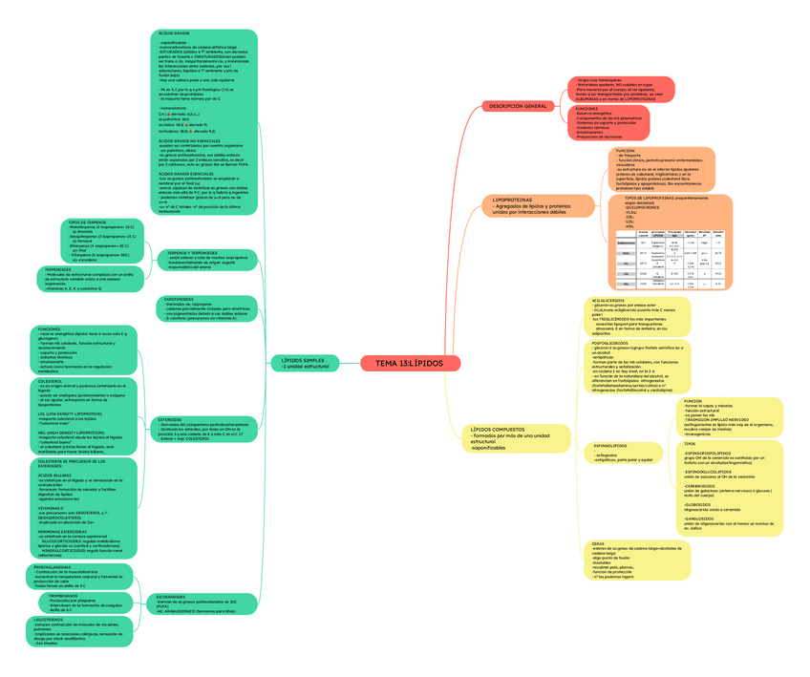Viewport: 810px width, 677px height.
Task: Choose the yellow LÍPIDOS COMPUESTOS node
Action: coord(511,438)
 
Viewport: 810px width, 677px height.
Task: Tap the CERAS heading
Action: coord(598,543)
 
